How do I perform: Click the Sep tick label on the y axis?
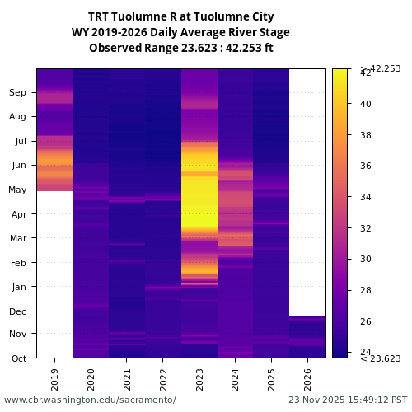click(18, 92)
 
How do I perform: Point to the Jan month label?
click(18, 287)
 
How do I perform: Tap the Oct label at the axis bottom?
click(18, 358)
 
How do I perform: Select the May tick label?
click(18, 190)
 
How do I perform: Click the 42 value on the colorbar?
click(366, 73)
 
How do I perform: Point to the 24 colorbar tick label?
click(366, 352)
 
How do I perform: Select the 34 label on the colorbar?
click(366, 197)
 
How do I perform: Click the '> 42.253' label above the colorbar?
click(380, 68)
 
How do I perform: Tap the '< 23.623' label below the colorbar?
click(380, 358)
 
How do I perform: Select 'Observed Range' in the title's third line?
click(128, 48)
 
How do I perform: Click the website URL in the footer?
click(90, 400)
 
